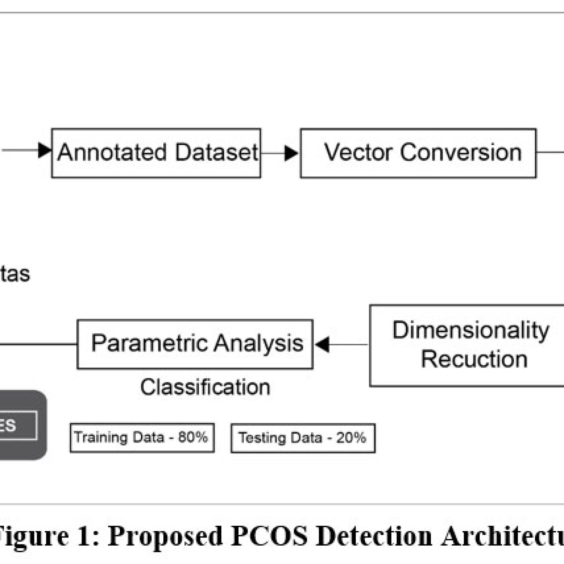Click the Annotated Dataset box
tap(156, 153)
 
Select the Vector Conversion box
tap(418, 153)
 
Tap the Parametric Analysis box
tap(195, 344)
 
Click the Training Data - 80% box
tap(142, 438)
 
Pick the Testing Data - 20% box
tap(303, 438)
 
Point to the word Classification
tap(205, 387)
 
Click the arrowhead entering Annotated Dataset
tap(44, 150)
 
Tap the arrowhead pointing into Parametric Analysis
tap(322, 344)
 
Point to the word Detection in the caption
tap(374, 536)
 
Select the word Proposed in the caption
tap(165, 536)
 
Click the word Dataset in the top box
tap(217, 152)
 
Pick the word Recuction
tap(474, 359)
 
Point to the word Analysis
tap(258, 343)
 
